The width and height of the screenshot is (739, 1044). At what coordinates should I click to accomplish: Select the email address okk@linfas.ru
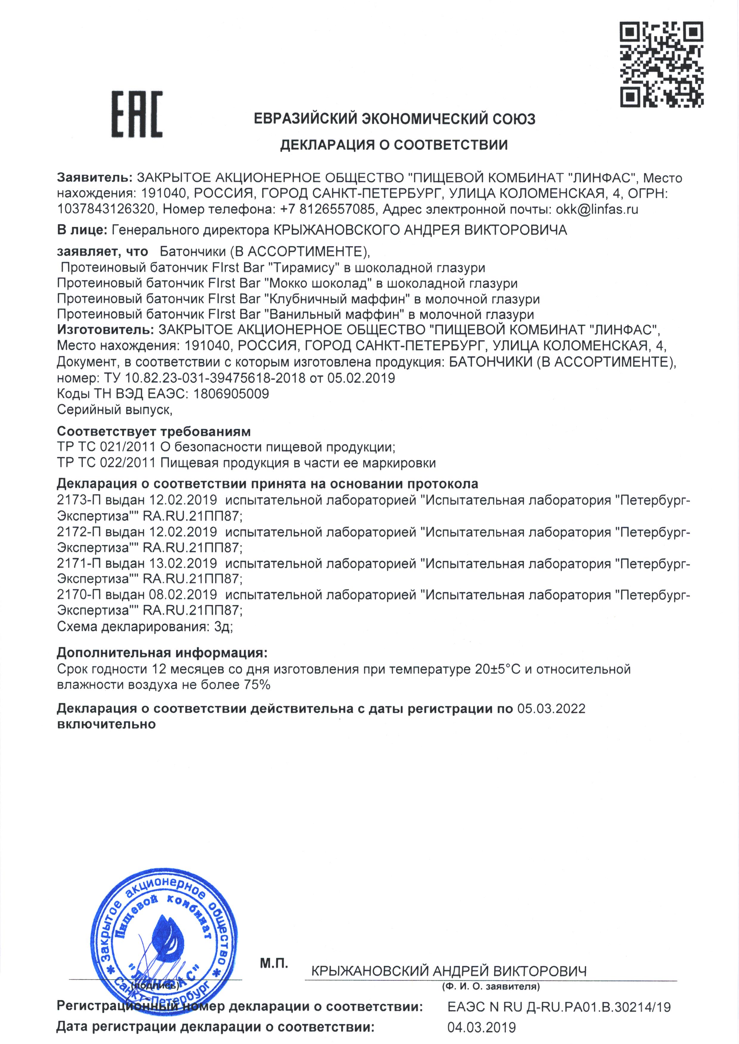click(597, 210)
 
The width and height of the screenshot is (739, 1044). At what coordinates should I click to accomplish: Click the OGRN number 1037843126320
click(106, 210)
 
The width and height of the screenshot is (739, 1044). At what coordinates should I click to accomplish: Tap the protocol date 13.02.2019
click(183, 563)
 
